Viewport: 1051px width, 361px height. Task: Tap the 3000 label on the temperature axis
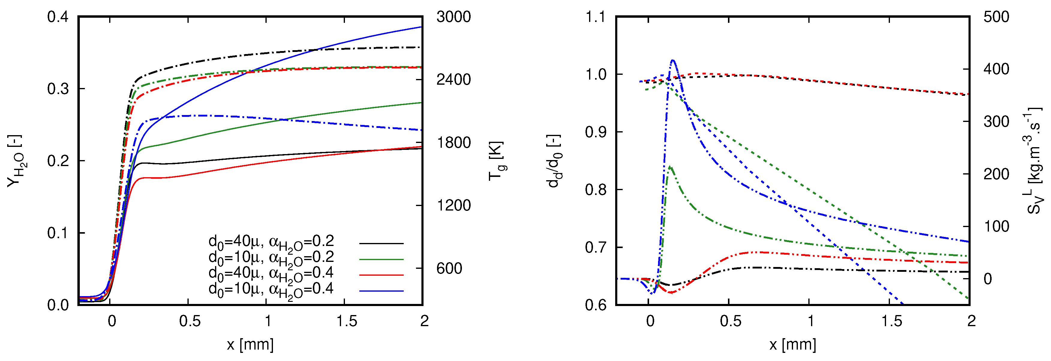coord(453,17)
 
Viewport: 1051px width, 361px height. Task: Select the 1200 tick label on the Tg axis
coord(453,205)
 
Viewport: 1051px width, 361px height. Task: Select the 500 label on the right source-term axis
coord(996,17)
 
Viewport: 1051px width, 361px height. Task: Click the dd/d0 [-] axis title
coord(555,161)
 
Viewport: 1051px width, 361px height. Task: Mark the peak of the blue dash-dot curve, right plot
coord(672,60)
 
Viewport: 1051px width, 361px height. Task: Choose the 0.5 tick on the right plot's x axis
coord(730,321)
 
